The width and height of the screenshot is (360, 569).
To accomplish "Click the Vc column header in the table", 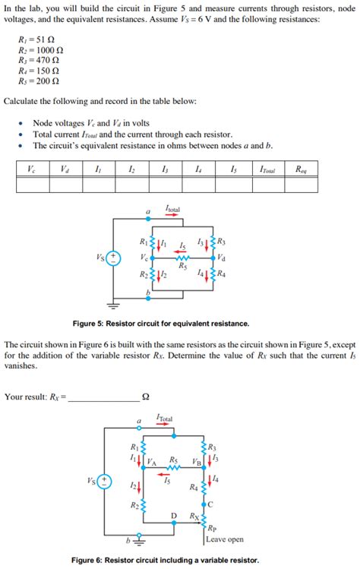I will [x=31, y=169].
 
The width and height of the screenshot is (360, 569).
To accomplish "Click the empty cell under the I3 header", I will [x=166, y=185].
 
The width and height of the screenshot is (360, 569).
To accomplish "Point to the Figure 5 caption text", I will [x=160, y=323].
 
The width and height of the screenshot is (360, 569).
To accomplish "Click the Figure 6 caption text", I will [x=165, y=560].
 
